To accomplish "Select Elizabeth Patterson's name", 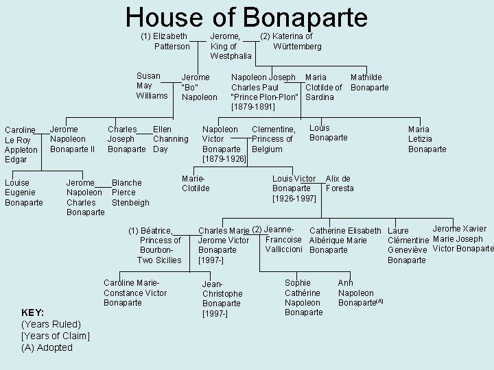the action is pyautogui.click(x=167, y=41).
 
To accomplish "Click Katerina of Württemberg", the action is pyautogui.click(x=292, y=41).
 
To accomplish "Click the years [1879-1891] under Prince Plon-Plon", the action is pyautogui.click(x=253, y=107).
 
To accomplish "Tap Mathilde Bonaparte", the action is pyautogui.click(x=369, y=82).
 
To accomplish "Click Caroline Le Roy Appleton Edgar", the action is pyautogui.click(x=21, y=145).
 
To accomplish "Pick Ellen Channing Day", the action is pyautogui.click(x=169, y=139).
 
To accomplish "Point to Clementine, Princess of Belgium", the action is pyautogui.click(x=274, y=139).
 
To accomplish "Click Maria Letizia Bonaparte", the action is pyautogui.click(x=427, y=139).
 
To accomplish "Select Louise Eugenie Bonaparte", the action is pyautogui.click(x=24, y=193).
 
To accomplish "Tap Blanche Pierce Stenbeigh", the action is pyautogui.click(x=130, y=193).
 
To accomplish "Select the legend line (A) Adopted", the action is pyautogui.click(x=47, y=347).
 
